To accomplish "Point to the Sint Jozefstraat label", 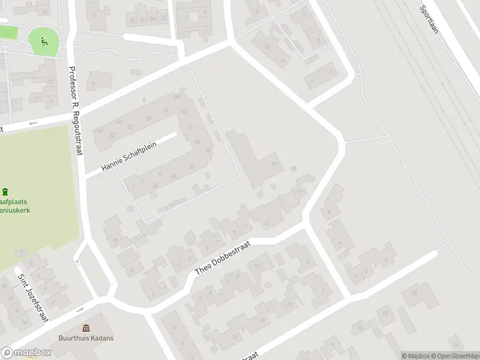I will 33,298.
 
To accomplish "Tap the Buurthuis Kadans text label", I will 86,338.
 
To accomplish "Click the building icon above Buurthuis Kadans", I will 86,328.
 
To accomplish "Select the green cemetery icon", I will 5,192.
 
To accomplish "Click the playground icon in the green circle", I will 43,41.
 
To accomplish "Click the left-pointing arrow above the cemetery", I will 32,123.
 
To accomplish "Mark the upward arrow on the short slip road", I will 76,262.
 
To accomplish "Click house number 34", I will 413,293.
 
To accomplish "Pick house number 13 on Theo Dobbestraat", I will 266,224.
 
